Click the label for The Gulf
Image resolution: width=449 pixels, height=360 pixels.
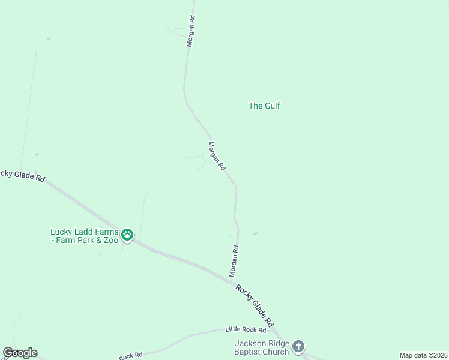click(x=264, y=106)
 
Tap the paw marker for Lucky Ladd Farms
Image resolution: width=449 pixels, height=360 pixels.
click(x=127, y=235)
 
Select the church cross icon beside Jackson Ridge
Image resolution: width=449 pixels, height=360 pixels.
click(x=299, y=347)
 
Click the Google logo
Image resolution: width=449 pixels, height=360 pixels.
click(x=20, y=353)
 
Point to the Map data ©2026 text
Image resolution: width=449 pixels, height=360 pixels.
click(x=424, y=355)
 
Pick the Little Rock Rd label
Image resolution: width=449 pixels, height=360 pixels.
click(x=245, y=329)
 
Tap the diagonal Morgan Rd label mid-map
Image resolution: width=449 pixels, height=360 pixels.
click(x=216, y=155)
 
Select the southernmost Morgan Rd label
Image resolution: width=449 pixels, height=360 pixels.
click(x=234, y=261)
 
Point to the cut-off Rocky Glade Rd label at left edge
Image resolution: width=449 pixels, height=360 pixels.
click(x=23, y=176)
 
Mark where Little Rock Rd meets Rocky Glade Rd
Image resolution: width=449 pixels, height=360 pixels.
click(x=273, y=329)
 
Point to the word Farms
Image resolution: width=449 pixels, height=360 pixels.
click(x=105, y=232)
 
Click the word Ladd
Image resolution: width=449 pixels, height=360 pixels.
click(x=84, y=232)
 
